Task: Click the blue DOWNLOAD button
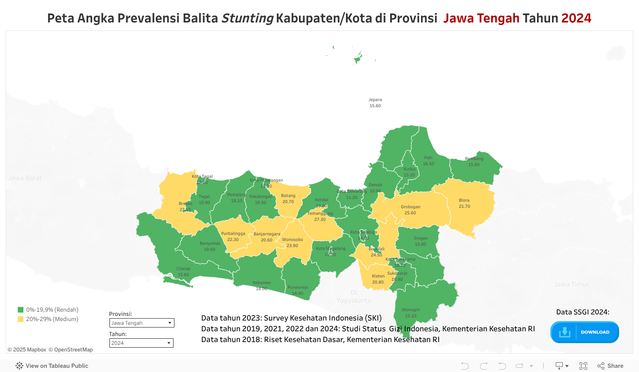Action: point(585,332)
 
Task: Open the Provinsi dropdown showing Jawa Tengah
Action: point(141,323)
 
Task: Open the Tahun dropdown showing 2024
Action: point(141,343)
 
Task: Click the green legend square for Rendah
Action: point(21,310)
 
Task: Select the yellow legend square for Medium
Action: point(21,319)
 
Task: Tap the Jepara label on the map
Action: point(375,100)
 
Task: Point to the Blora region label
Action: point(465,201)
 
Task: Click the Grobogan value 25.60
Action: point(410,213)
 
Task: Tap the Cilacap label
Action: point(183,269)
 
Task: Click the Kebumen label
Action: point(261,283)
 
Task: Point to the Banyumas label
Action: point(210,243)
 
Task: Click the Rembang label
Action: point(474,159)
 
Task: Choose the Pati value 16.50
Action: point(428,164)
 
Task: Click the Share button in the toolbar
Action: point(610,366)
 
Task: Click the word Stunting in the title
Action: point(247,18)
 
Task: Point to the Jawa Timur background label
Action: point(571,284)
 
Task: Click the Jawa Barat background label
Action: point(25,178)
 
